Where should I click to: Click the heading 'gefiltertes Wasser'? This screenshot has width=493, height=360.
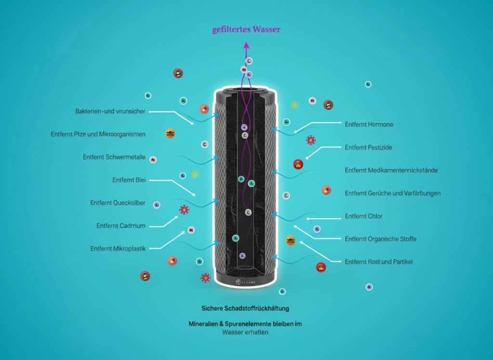[246, 30]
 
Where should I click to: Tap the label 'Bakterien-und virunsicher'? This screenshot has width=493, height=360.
[110, 111]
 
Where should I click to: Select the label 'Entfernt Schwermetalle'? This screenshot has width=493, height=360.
[114, 157]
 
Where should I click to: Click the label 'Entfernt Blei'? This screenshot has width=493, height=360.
[129, 180]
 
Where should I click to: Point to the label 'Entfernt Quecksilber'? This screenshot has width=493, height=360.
[118, 203]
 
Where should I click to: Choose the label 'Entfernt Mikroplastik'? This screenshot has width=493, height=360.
[118, 249]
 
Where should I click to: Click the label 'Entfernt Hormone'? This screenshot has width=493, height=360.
[369, 124]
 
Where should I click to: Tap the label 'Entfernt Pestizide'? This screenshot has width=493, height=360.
[368, 147]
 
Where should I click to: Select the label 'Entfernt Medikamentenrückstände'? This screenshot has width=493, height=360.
[391, 170]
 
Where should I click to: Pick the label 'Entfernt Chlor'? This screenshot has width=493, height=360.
[363, 216]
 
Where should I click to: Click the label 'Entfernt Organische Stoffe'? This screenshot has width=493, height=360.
[380, 239]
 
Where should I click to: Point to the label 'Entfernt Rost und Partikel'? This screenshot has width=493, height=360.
[378, 262]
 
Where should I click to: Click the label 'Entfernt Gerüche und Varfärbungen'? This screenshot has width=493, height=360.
[392, 193]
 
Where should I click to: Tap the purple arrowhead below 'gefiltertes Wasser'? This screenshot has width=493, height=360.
[246, 45]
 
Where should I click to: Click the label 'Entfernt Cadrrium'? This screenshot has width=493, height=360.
[121, 226]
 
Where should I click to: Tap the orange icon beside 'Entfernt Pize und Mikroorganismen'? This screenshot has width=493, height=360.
[170, 133]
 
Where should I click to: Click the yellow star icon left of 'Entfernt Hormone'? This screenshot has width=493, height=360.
[294, 105]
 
